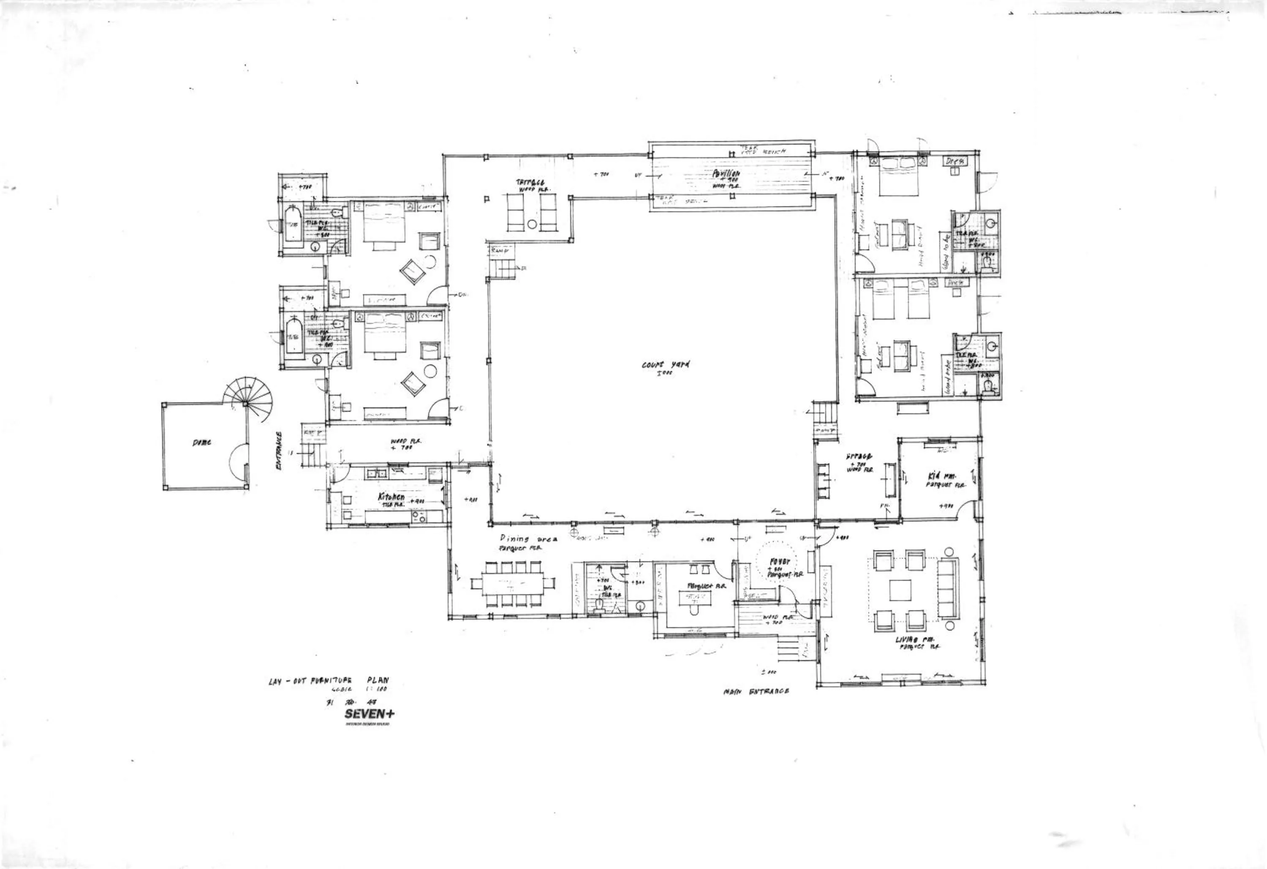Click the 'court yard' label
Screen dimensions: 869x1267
point(665,364)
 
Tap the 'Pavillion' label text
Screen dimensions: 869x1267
point(726,173)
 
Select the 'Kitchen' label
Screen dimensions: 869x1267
point(392,497)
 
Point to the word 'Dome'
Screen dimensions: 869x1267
point(202,443)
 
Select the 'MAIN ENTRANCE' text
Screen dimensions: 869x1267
point(756,691)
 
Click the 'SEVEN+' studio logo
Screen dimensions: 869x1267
point(369,713)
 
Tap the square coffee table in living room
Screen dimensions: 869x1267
point(900,590)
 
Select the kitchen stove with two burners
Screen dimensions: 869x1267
point(419,516)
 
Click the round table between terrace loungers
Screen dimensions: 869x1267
point(532,224)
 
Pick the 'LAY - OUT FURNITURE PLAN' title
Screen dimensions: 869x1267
point(329,681)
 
